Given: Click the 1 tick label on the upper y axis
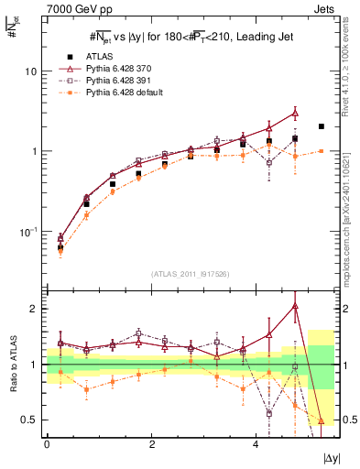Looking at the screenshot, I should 34,151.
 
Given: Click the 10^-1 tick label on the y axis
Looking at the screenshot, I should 28,232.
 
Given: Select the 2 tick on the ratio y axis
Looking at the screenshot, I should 33,309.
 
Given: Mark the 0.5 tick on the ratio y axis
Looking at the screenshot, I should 28,420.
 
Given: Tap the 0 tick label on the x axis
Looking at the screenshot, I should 47,443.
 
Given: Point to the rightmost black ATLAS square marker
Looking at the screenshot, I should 321,126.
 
